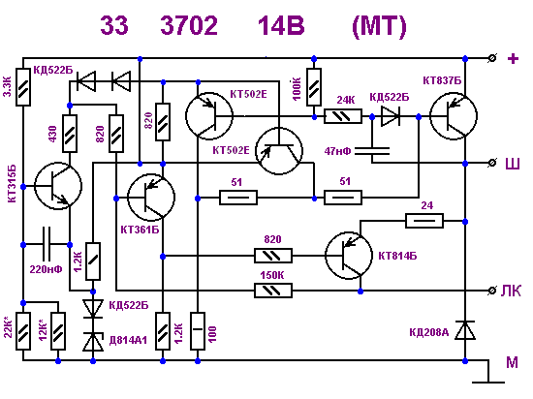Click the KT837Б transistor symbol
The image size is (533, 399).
pos(454,116)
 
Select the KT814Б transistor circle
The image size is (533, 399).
pos(349,256)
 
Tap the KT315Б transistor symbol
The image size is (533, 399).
pos(58,186)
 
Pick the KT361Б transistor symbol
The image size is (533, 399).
pos(151,198)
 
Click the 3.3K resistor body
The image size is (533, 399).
pos(23,87)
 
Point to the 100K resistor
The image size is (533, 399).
pos(314,87)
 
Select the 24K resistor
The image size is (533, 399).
pos(343,116)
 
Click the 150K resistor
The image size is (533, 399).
pos(273,291)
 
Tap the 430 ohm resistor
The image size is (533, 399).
pos(70,134)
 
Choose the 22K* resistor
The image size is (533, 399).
pos(23,331)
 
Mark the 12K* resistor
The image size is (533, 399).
pos(58,331)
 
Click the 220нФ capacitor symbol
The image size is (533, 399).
pos(47,244)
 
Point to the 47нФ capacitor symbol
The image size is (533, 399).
pos(372,151)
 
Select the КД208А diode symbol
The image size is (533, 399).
pos(465,330)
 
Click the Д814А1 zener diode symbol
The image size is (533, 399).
pos(93,342)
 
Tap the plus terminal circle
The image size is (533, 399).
pos(491,58)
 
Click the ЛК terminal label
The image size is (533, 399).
pos(511,291)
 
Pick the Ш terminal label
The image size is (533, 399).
pos(513,164)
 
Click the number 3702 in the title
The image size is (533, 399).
pos(189,25)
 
